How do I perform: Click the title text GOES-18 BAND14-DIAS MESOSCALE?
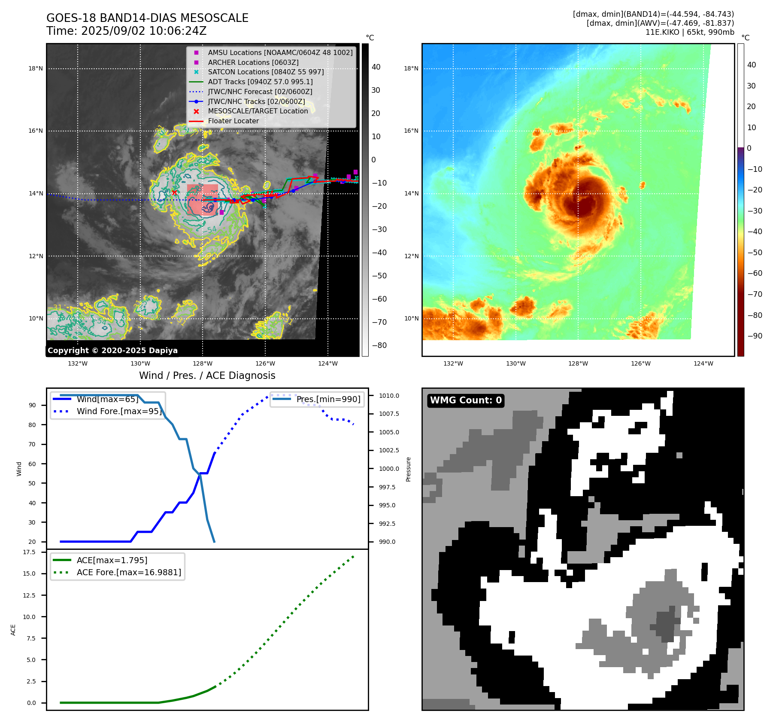pos(147,18)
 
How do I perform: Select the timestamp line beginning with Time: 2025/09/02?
pos(126,31)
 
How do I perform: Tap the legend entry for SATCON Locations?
pos(266,72)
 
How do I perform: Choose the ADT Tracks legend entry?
pos(260,82)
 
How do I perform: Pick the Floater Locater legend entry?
pos(233,121)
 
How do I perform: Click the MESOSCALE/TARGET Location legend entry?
pos(258,111)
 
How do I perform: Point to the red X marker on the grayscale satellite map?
pos(174,192)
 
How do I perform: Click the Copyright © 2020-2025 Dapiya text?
pos(112,351)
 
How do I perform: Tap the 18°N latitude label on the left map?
pos(36,68)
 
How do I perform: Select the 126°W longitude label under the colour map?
pos(640,363)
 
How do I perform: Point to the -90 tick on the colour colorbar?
pos(755,336)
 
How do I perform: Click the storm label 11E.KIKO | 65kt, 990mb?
pos(689,32)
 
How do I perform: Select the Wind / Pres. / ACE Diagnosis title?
pos(207,375)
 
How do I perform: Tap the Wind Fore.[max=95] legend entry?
pos(119,411)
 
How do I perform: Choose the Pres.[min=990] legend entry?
pos(328,399)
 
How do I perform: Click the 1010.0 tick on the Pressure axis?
pos(389,396)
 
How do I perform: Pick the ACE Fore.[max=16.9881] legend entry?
pos(129,572)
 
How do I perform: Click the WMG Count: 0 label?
pos(466,400)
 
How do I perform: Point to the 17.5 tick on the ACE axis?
pos(29,552)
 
